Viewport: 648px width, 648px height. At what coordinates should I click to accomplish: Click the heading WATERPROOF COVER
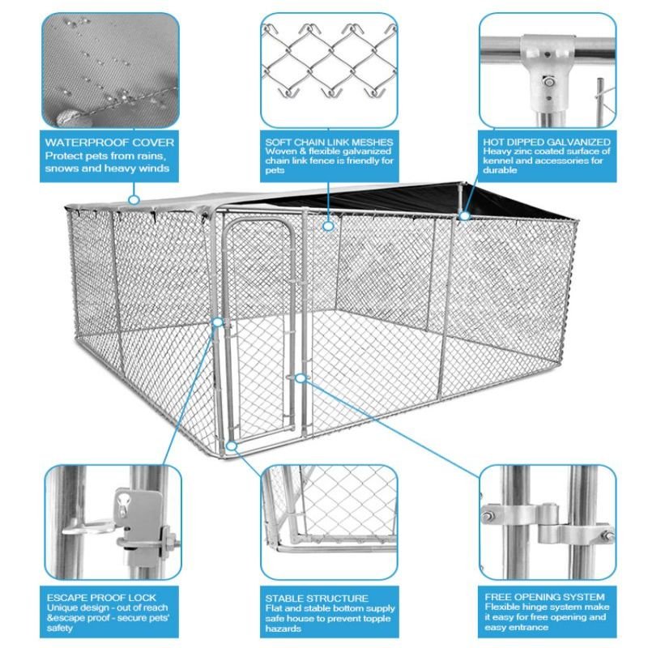(x=97, y=142)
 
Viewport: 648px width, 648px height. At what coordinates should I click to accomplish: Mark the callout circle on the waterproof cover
(x=134, y=199)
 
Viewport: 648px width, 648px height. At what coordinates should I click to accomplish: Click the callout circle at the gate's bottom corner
(x=232, y=446)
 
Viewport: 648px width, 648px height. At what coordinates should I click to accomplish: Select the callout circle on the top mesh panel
(x=328, y=226)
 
